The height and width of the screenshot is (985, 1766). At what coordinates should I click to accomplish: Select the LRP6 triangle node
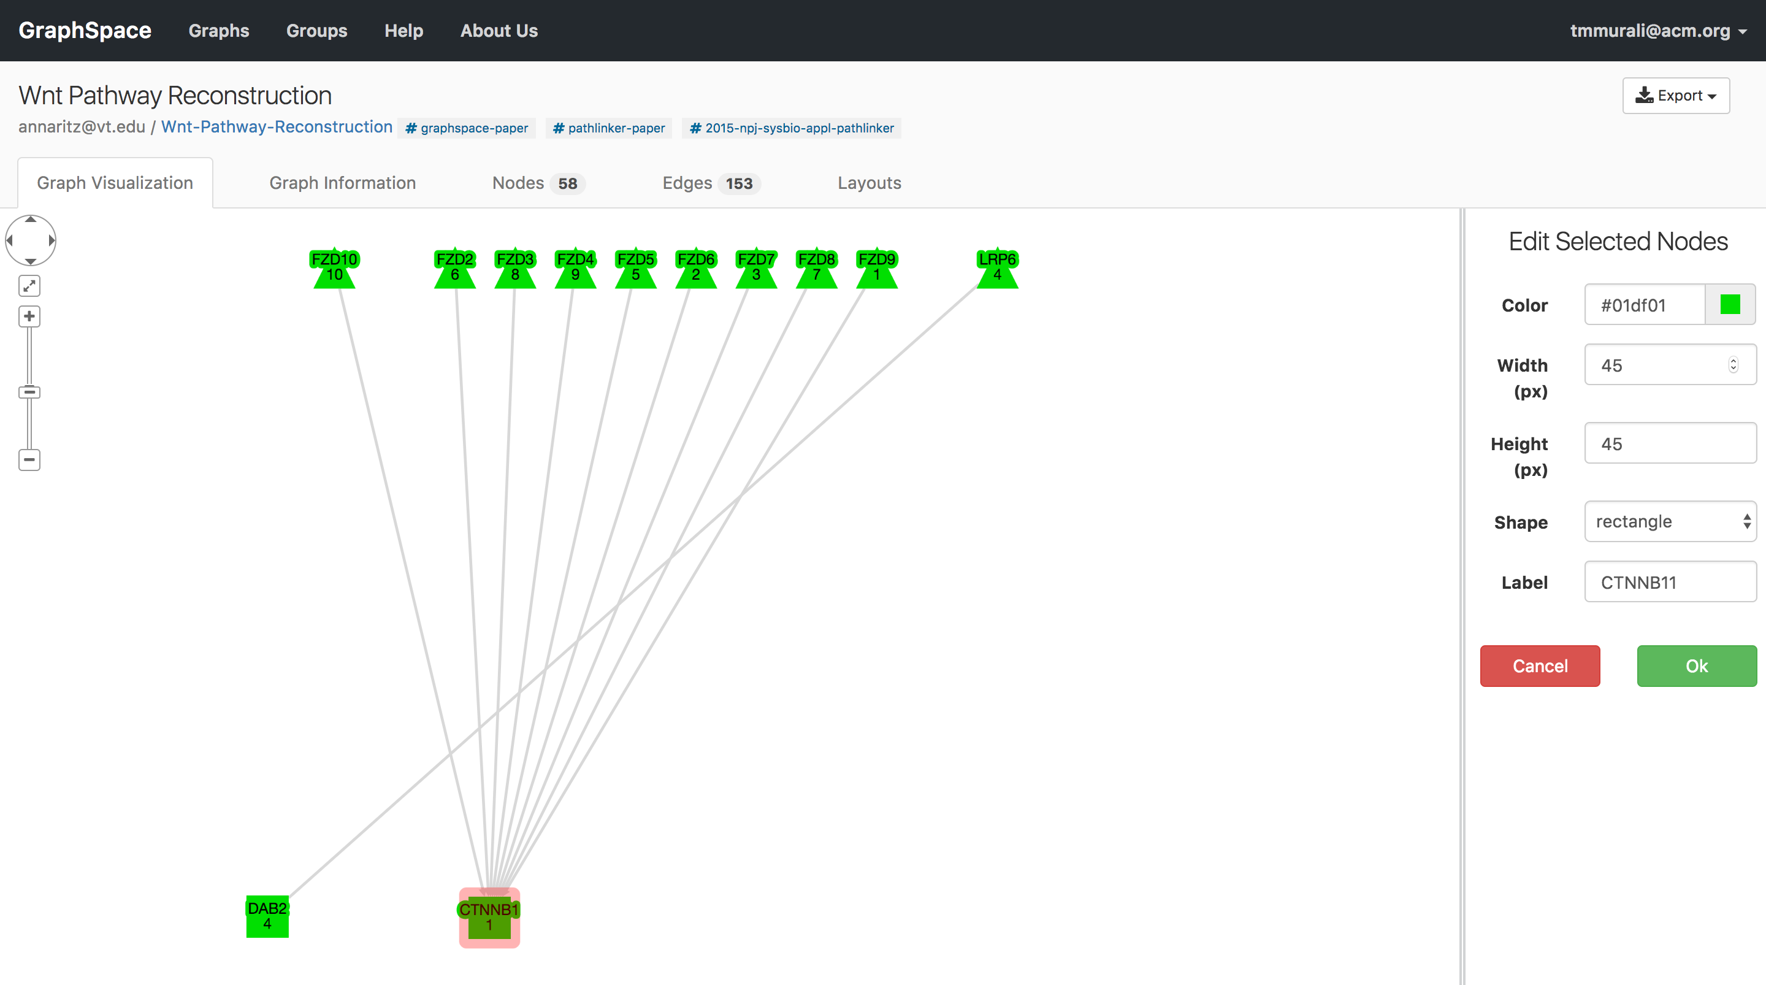click(x=997, y=269)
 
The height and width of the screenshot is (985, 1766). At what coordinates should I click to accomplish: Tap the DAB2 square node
click(x=267, y=916)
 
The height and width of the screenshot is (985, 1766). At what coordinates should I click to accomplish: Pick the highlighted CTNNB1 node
click(x=489, y=918)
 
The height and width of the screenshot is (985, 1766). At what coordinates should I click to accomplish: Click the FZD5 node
click(x=635, y=269)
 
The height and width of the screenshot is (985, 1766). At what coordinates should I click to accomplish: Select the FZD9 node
click(x=877, y=269)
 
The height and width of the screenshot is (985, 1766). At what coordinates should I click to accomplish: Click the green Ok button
click(x=1696, y=665)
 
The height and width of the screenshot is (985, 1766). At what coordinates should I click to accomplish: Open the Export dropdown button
click(x=1675, y=95)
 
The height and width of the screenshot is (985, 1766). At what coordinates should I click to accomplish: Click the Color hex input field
click(x=1644, y=305)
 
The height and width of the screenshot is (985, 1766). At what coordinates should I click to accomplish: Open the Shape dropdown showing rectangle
click(x=1670, y=521)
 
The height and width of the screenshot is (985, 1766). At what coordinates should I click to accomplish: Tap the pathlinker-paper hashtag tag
click(x=609, y=128)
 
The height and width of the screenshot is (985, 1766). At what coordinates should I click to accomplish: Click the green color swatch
click(x=1730, y=305)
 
